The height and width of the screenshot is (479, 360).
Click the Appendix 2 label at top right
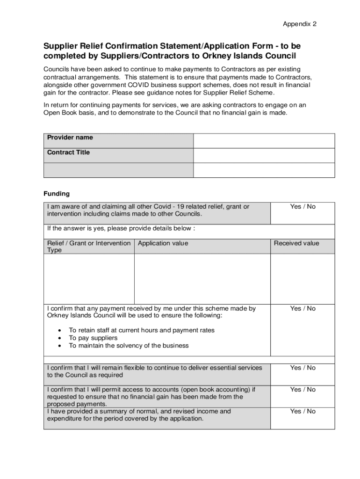300,24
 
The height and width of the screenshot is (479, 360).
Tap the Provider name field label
70,138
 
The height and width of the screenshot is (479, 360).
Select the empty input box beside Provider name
264,141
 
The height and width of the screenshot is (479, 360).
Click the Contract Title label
68,152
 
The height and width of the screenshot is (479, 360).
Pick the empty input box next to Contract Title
264,155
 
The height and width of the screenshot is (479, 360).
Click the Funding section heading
57,194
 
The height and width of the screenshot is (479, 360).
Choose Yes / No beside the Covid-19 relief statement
302,207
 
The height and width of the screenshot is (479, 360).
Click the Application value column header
163,243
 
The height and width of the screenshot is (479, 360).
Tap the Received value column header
296,243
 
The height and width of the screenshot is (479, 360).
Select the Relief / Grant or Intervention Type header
88,247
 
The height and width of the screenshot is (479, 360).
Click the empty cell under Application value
202,279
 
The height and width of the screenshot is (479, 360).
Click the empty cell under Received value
302,279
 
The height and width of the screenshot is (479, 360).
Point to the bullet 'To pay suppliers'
93,338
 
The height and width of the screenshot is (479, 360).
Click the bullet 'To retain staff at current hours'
141,330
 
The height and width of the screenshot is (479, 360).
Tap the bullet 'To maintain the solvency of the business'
129,346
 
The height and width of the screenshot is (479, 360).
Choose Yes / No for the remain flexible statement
302,368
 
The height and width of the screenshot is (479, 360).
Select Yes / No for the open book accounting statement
302,390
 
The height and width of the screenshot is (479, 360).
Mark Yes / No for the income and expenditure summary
302,411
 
